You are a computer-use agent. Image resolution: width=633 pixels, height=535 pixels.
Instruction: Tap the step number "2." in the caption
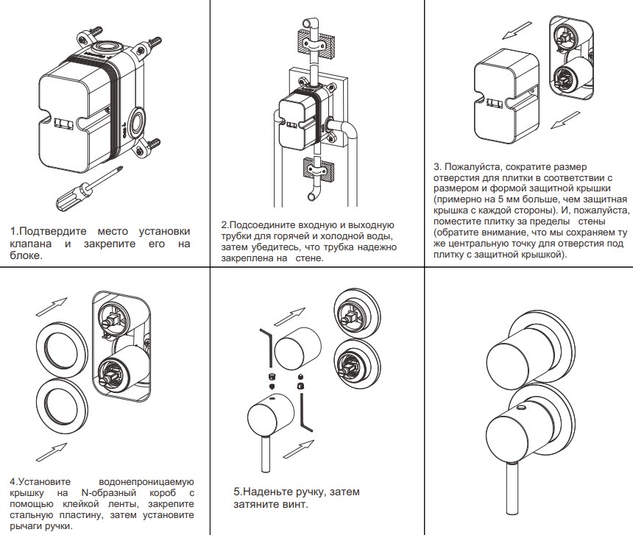225,224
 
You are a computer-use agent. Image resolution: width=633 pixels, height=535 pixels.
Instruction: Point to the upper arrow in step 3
513,32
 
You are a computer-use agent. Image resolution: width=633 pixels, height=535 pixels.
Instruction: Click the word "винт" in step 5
292,504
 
